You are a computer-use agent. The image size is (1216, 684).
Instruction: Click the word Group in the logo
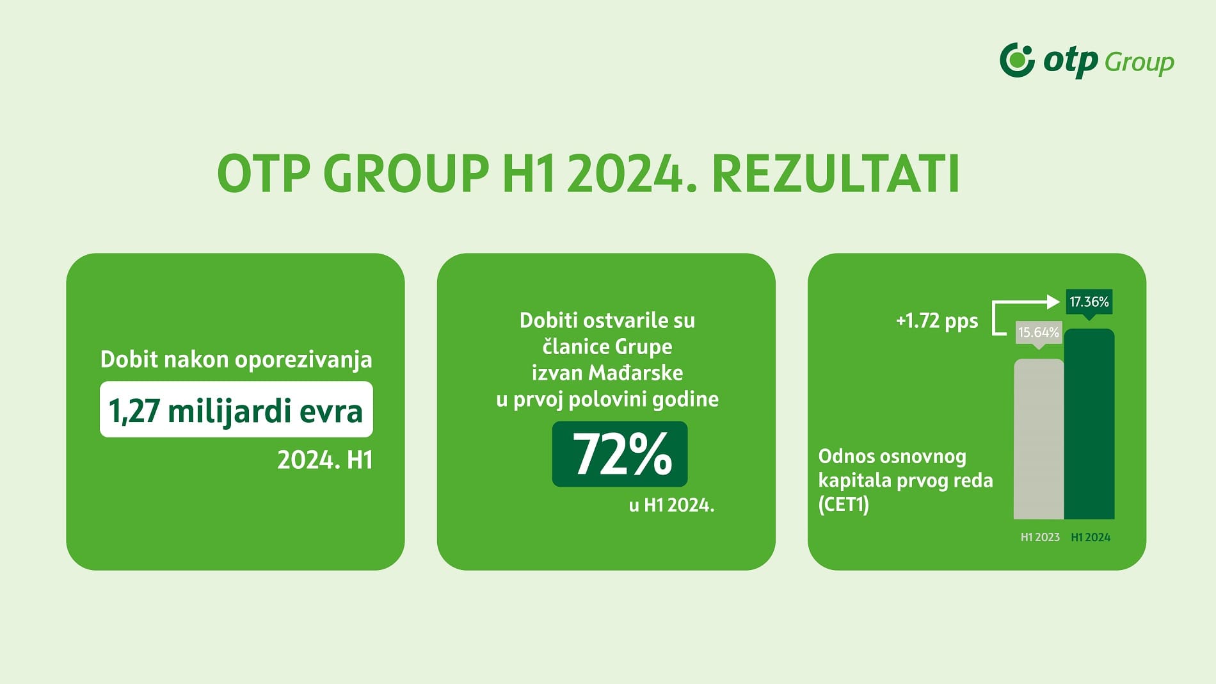point(1139,62)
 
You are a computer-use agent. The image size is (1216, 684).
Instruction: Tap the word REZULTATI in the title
point(835,174)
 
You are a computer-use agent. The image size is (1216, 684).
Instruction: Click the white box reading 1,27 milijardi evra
point(236,410)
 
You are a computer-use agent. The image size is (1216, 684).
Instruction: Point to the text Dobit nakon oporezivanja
point(236,359)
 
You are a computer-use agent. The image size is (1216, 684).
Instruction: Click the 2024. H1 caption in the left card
point(324,460)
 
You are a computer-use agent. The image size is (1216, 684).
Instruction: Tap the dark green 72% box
point(620,454)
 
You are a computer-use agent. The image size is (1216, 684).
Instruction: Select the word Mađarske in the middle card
point(636,373)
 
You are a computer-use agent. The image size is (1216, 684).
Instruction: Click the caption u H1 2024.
point(671,505)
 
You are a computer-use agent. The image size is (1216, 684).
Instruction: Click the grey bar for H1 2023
point(1038,439)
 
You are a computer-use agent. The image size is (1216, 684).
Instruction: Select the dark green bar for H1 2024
point(1089,424)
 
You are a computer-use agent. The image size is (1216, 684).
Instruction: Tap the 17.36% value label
point(1089,302)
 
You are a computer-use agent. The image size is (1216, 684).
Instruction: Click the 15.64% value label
point(1038,332)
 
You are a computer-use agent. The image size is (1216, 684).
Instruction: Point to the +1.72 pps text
point(937,320)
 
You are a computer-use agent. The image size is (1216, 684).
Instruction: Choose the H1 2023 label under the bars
point(1040,537)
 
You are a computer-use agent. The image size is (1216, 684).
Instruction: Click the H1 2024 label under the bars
point(1091,537)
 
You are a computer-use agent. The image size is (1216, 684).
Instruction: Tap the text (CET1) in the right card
point(844,505)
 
